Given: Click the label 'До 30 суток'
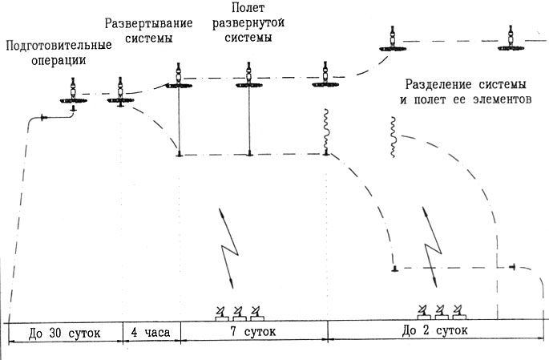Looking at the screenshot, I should tap(63, 331).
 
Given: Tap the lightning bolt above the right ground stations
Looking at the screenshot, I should tap(430, 249).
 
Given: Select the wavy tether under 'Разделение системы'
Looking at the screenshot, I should tap(393, 136).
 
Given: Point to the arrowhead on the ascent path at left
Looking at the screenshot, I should tap(44, 118).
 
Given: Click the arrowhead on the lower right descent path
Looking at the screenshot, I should tap(511, 267).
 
